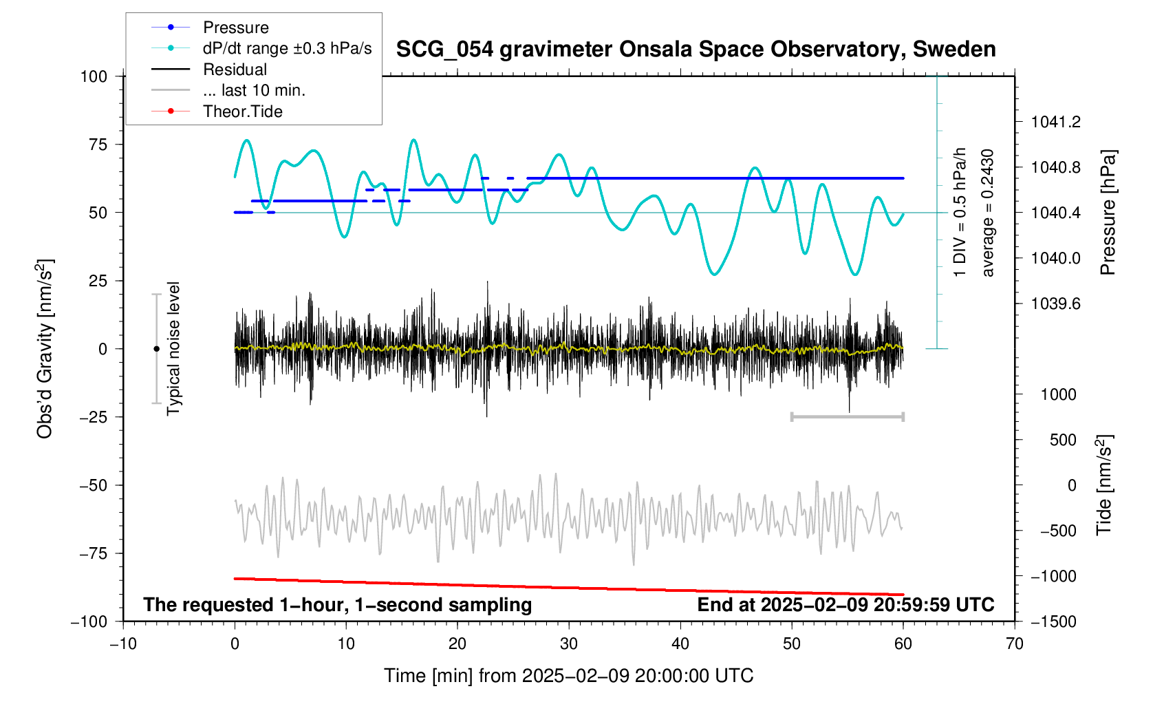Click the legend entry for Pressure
coord(235,28)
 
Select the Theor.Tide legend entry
coord(242,111)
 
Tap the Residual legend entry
coord(235,70)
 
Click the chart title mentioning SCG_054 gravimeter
coord(696,50)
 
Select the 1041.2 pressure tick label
coord(1055,123)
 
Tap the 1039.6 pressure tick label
coord(1055,304)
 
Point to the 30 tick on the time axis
coord(569,644)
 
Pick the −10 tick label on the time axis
coord(123,644)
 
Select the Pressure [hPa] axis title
coord(1108,213)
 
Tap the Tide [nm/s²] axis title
coord(1104,485)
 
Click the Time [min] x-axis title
coord(568,676)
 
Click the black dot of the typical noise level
coord(156,349)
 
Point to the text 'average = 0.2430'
coord(988,213)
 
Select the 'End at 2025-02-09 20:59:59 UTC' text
coord(845,605)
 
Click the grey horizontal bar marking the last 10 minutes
coord(847,416)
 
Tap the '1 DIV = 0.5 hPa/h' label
coord(960,213)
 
